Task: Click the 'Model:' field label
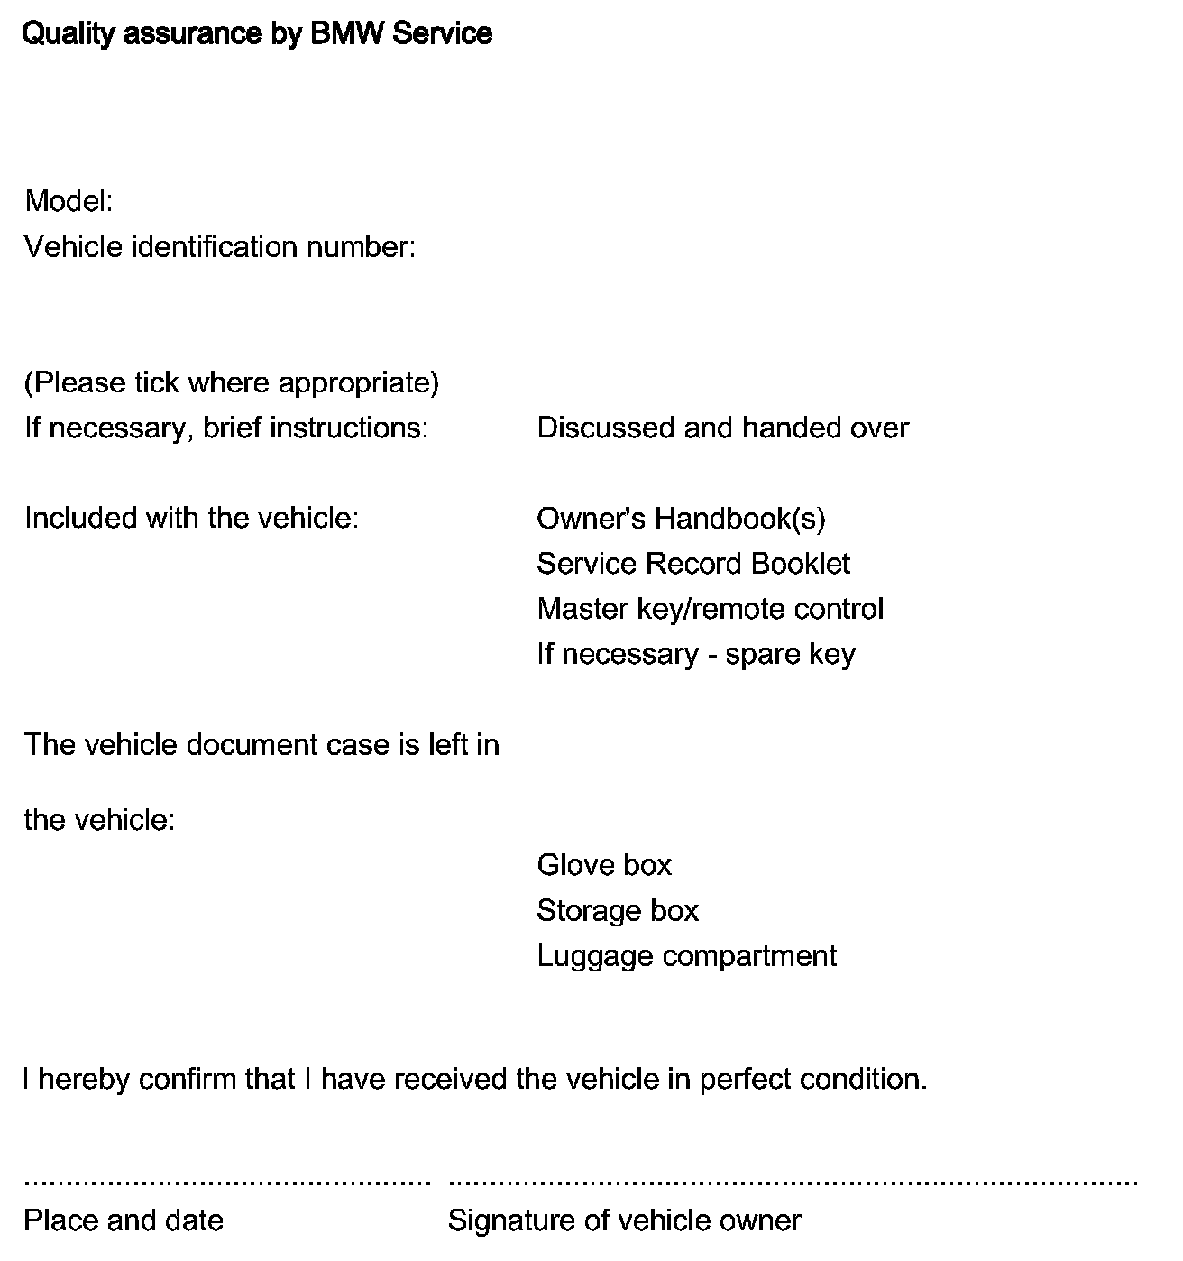click(x=69, y=201)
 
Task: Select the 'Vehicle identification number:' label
click(x=219, y=247)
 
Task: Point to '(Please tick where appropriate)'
click(x=232, y=383)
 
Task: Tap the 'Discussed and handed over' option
click(x=722, y=428)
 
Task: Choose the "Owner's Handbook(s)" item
click(x=681, y=519)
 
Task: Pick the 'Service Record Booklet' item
click(x=692, y=564)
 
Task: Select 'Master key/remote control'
click(x=710, y=609)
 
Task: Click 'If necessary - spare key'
click(x=695, y=654)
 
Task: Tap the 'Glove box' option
click(x=604, y=866)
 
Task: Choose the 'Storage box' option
click(x=618, y=911)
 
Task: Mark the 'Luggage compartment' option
click(x=686, y=956)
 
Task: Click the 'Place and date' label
click(x=124, y=1221)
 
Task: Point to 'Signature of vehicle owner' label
click(x=624, y=1221)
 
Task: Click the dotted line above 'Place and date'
click(x=227, y=1181)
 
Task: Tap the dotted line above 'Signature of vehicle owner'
click(x=793, y=1181)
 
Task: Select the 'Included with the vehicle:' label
click(x=191, y=519)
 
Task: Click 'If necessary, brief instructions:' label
click(x=226, y=428)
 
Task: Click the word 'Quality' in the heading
click(x=69, y=34)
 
